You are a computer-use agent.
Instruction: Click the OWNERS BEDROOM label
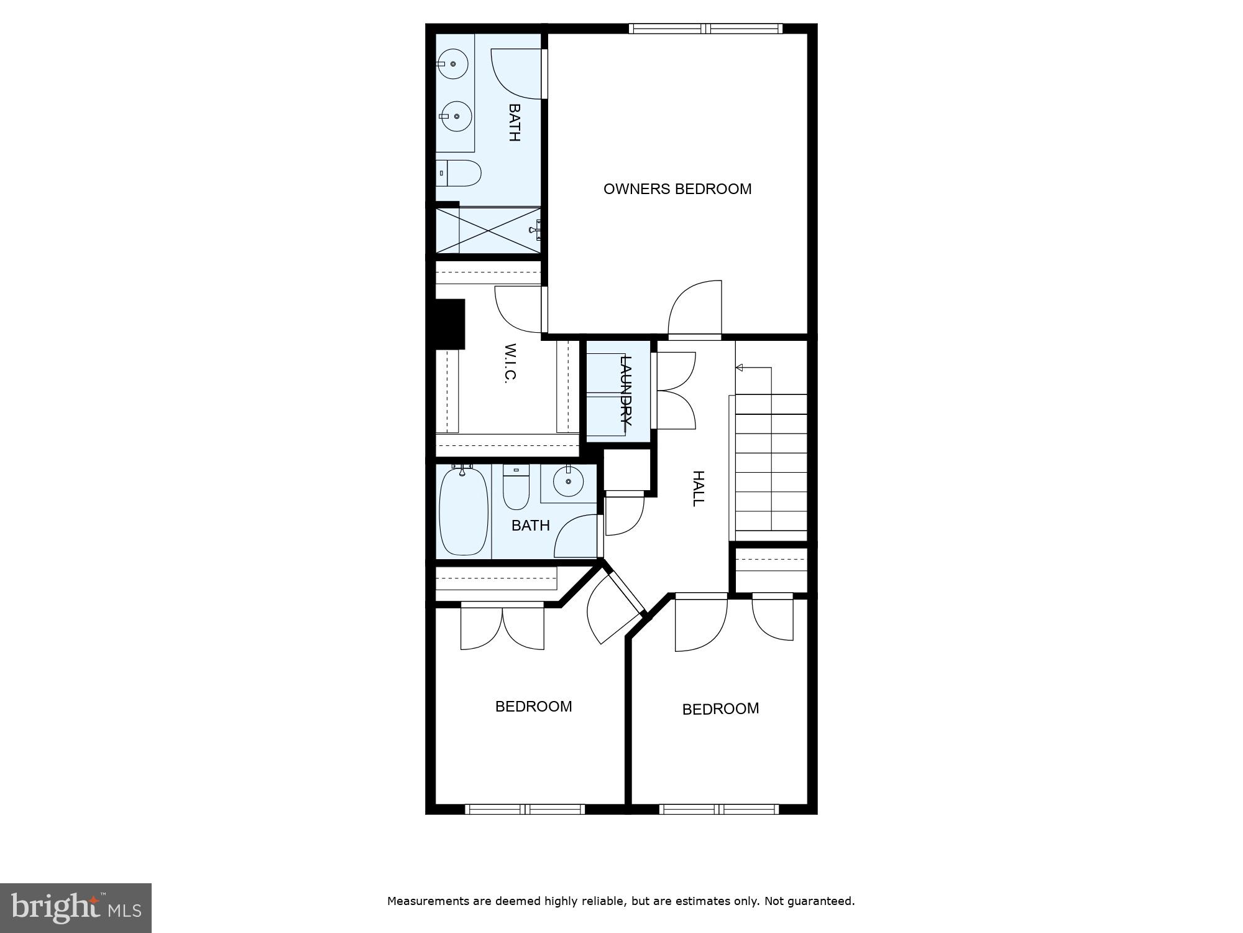coord(677,188)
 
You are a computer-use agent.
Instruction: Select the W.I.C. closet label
coord(510,363)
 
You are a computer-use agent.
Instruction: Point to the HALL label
coord(699,488)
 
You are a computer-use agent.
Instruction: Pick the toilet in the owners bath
coord(460,173)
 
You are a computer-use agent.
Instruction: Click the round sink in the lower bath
coord(568,481)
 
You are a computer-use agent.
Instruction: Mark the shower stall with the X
coord(488,230)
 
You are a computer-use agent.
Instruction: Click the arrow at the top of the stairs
coord(740,368)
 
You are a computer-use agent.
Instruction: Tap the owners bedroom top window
coord(705,29)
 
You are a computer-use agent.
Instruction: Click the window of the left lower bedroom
coord(525,809)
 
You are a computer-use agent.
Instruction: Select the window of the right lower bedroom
coord(719,809)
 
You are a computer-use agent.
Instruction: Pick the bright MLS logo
coord(76,908)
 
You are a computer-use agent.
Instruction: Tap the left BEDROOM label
coord(533,706)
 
